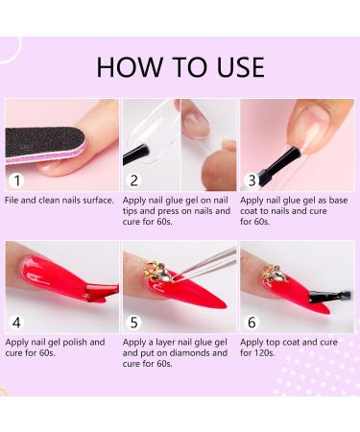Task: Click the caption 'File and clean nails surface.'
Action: (60, 200)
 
